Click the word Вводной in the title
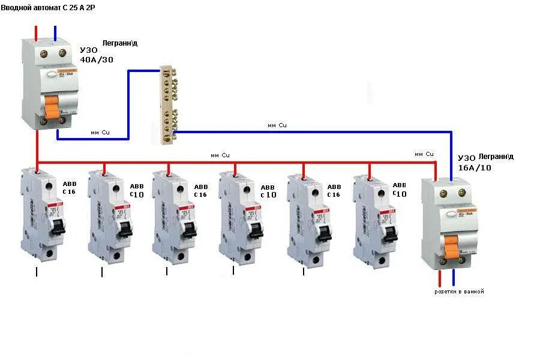pos(19,7)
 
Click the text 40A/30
pos(97,59)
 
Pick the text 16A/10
pos(474,167)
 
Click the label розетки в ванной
pos(459,292)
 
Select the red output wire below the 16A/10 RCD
pos(440,278)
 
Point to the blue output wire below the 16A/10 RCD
pos(453,278)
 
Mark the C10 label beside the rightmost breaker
pos(400,194)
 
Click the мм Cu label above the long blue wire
pos(277,125)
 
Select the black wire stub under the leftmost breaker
pos(37,272)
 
